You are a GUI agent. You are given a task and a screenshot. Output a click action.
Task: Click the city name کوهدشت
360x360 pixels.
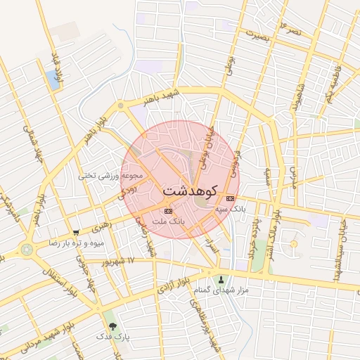190,191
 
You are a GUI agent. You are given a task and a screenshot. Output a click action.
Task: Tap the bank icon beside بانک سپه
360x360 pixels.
230,199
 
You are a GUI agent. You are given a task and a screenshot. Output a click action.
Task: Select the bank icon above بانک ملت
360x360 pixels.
167,211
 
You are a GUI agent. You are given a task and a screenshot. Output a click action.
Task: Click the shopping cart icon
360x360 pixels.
76,232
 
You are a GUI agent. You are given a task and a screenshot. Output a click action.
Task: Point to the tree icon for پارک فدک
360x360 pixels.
112,326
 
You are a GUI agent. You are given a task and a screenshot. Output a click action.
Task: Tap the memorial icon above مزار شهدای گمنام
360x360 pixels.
221,279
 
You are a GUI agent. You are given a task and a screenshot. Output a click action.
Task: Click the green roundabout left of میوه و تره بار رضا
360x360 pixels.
27,249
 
